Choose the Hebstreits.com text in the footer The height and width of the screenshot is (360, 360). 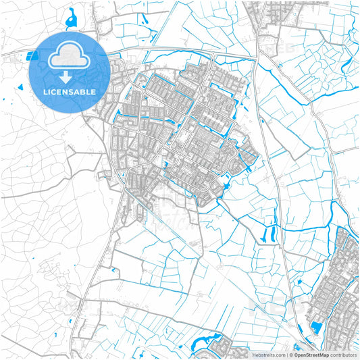(x=269, y=354)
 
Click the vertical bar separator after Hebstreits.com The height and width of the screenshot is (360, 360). (x=286, y=354)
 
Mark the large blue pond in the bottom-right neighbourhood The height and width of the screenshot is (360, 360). (x=316, y=328)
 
